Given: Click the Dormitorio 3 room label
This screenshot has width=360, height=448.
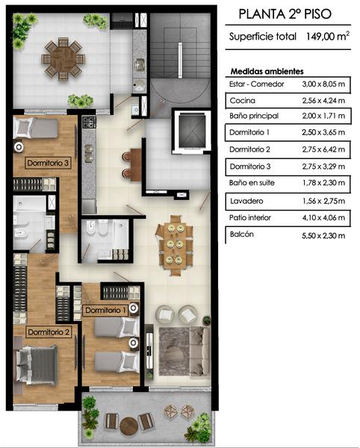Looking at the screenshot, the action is click(x=48, y=163).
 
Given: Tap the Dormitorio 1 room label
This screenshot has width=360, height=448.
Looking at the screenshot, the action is click(x=105, y=311).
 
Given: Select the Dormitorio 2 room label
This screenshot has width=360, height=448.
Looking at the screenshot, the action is click(x=49, y=332).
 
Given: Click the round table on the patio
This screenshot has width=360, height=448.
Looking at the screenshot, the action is click(x=63, y=59).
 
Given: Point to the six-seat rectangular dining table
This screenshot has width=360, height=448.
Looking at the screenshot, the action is click(x=174, y=245).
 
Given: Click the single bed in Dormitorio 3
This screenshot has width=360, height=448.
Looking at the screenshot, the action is click(x=36, y=128).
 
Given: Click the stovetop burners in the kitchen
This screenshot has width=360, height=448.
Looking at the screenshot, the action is click(x=89, y=122).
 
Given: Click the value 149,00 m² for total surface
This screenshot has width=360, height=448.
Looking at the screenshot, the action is click(x=328, y=36).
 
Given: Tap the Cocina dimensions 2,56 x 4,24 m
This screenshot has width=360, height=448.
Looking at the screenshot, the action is click(x=323, y=101).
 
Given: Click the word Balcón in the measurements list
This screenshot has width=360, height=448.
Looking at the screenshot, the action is click(x=242, y=234).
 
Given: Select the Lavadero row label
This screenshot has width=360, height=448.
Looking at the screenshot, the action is click(x=246, y=201).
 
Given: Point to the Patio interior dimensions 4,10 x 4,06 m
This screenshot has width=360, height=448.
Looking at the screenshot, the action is click(x=323, y=218).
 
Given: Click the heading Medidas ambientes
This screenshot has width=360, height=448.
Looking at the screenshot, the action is click(x=267, y=71).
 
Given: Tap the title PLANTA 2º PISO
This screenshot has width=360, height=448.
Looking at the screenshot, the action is click(x=285, y=14).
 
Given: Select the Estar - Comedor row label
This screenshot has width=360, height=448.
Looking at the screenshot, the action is click(x=257, y=84).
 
